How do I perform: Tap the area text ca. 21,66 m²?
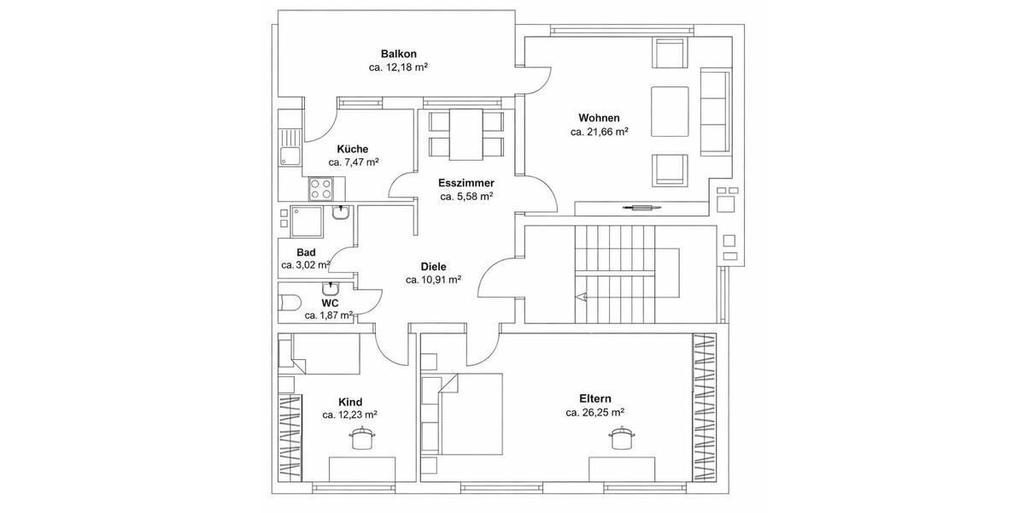point(600,133)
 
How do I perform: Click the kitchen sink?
point(287,156)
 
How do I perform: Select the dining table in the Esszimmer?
point(466,134)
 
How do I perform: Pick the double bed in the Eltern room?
point(470,415)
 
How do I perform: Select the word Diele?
point(433,266)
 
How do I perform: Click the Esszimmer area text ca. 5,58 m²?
point(466,197)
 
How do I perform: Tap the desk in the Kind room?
point(362,469)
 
